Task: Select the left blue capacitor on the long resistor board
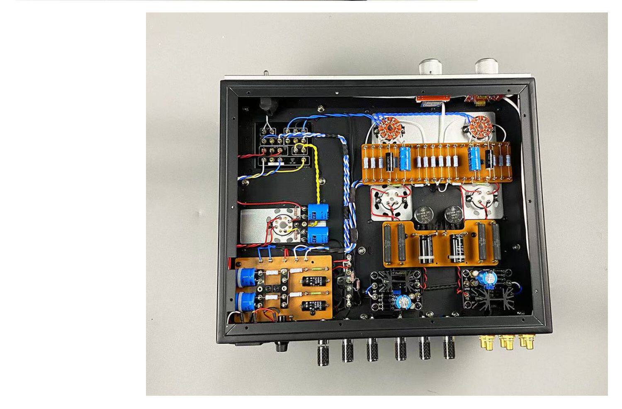point(404,158)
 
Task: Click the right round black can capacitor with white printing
point(453,214)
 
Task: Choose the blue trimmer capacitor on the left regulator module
point(402,302)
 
